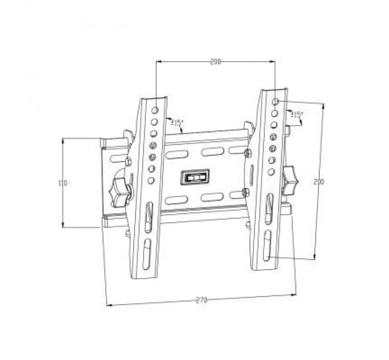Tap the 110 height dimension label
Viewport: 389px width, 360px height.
click(63, 183)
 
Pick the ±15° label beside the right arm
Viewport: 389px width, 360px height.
click(296, 115)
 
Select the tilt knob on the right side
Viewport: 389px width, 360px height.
click(290, 178)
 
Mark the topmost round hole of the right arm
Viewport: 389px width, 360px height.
click(276, 101)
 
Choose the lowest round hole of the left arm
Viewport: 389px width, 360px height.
click(151, 181)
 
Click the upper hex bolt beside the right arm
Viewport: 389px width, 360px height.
click(248, 153)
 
